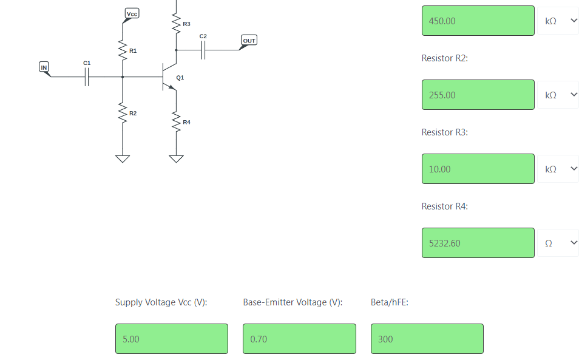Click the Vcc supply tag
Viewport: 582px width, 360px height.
(132, 14)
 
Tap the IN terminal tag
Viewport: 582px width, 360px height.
(44, 67)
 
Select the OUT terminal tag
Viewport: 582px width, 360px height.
(249, 41)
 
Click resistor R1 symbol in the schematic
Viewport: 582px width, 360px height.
(123, 50)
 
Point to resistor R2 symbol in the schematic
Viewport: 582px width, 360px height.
(123, 113)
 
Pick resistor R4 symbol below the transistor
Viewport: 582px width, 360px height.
(177, 121)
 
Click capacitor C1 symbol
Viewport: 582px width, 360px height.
(87, 77)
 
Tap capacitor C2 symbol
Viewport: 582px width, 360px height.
(203, 50)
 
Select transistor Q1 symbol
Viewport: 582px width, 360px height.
(169, 77)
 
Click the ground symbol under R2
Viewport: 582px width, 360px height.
(123, 159)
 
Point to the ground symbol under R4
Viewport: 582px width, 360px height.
(177, 159)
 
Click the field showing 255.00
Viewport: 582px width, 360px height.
(478, 95)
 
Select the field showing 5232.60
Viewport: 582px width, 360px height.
(478, 243)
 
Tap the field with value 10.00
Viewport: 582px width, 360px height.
(478, 169)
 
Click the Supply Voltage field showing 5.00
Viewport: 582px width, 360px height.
(172, 339)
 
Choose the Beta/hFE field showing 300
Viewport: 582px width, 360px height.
(427, 339)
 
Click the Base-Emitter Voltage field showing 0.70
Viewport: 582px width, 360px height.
(300, 339)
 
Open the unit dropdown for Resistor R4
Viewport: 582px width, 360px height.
(558, 243)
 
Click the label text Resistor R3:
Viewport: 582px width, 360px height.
(445, 132)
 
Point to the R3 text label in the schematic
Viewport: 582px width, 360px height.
(187, 24)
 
